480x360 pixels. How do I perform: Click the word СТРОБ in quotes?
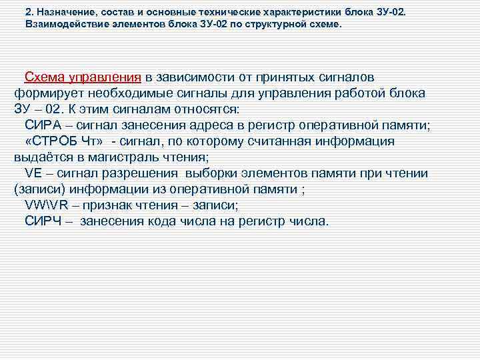[59, 141]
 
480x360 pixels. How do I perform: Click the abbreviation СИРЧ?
[43, 221]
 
